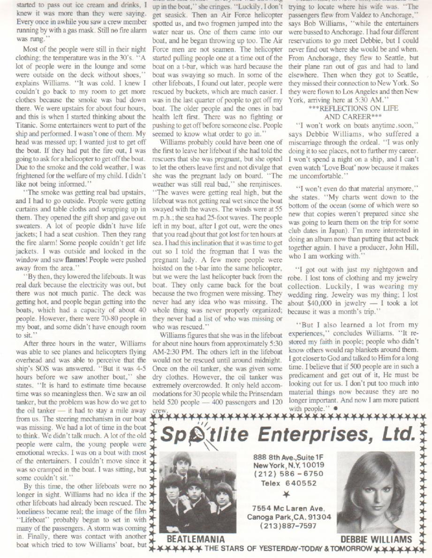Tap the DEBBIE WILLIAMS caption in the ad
coord(376,539)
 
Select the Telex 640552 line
coord(289,483)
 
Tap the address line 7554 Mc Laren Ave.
coord(289,508)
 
